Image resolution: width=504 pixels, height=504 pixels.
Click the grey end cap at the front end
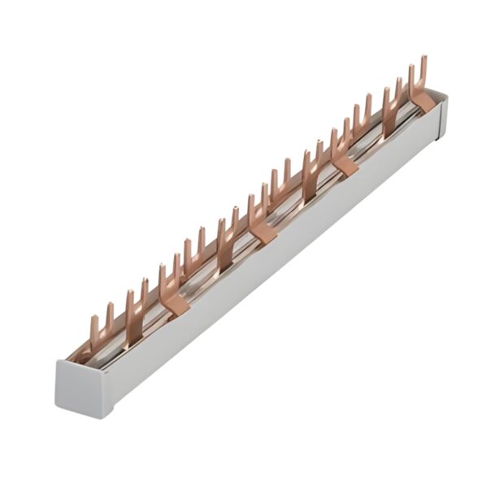pos(81,390)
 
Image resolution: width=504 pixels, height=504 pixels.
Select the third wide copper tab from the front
pos(345,165)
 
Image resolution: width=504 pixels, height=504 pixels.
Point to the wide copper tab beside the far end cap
pos(423,102)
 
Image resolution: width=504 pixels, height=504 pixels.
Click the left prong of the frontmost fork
pos(93,329)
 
